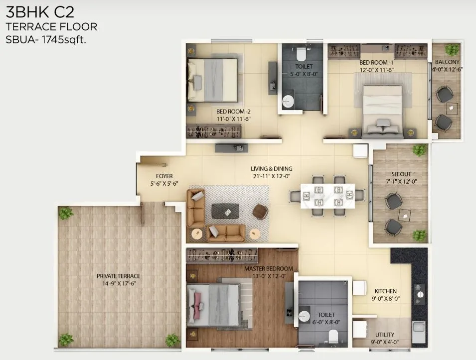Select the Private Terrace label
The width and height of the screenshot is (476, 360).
pos(118,276)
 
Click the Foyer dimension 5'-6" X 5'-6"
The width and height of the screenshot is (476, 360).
pos(164,184)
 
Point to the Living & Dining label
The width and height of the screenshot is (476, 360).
pos(271,168)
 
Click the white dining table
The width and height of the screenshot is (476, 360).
pos(327,196)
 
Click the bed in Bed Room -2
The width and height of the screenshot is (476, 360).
pos(213,80)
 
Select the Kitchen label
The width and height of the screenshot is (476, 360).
pos(385,291)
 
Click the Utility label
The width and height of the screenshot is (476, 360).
pos(385,334)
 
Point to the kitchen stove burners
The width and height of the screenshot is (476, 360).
pos(418,294)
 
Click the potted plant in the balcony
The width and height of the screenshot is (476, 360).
pos(452,49)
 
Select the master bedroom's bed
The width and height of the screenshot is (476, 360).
pos(214,305)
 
